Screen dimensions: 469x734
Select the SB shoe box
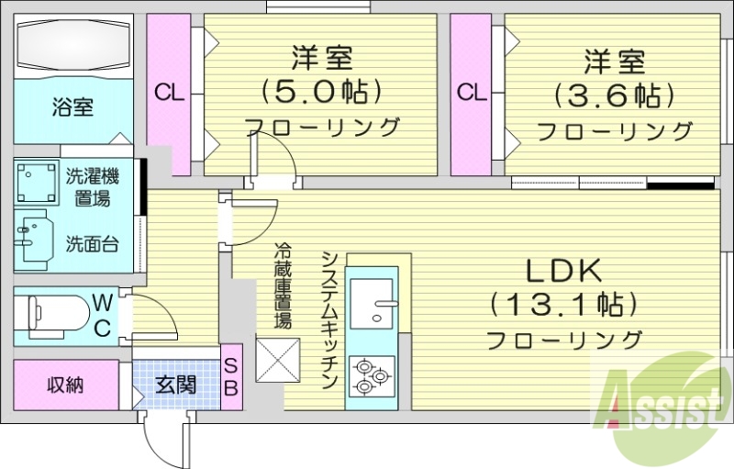click(x=231, y=376)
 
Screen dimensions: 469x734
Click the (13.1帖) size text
click(x=563, y=303)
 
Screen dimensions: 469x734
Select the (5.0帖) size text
click(x=321, y=91)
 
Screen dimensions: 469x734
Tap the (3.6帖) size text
click(x=614, y=95)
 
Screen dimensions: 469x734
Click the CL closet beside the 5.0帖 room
click(x=168, y=93)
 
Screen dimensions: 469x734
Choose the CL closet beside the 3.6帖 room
click(x=471, y=93)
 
